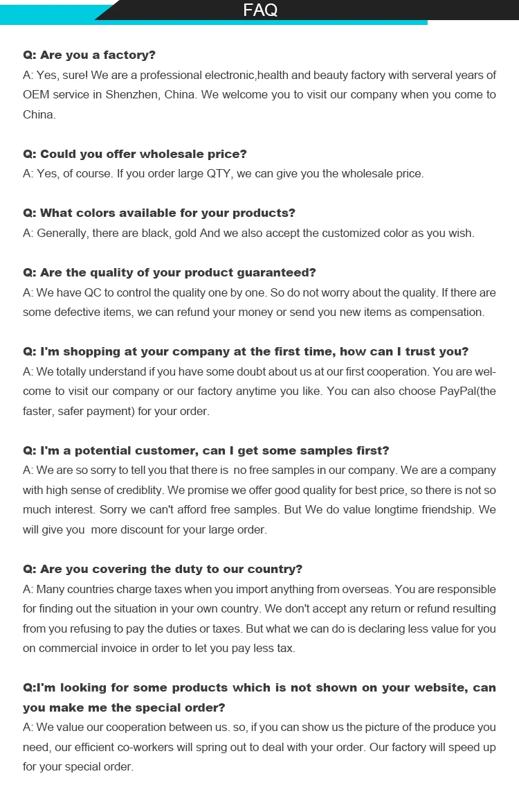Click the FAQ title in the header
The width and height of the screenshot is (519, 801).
tap(260, 10)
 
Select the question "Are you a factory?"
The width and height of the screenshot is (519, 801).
tap(89, 55)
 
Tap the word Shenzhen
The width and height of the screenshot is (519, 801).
tap(132, 95)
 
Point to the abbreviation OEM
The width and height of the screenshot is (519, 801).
tap(36, 95)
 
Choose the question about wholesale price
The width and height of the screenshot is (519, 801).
tap(135, 154)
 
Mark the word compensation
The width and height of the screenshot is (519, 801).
tap(448, 313)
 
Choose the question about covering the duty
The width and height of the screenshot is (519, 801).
tap(163, 570)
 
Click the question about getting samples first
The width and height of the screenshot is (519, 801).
tap(206, 451)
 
